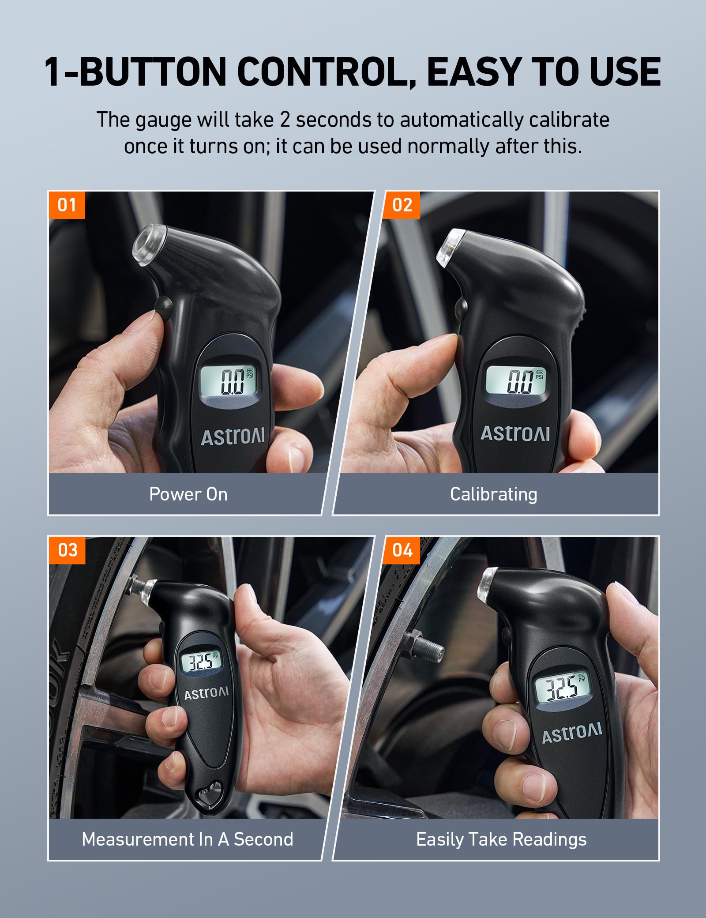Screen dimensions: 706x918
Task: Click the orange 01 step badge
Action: (67, 205)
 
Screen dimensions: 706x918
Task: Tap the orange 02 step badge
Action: (402, 205)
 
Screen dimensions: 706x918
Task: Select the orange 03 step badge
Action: (67, 550)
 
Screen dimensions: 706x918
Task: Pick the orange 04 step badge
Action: (402, 550)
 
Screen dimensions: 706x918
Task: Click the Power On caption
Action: (188, 494)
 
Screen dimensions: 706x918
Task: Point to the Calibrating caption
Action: (493, 494)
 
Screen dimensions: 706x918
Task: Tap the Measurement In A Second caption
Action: (188, 839)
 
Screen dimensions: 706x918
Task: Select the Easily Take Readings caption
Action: (501, 839)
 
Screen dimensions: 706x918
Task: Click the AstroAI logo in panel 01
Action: (233, 436)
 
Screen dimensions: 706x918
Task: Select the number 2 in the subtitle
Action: (285, 120)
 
